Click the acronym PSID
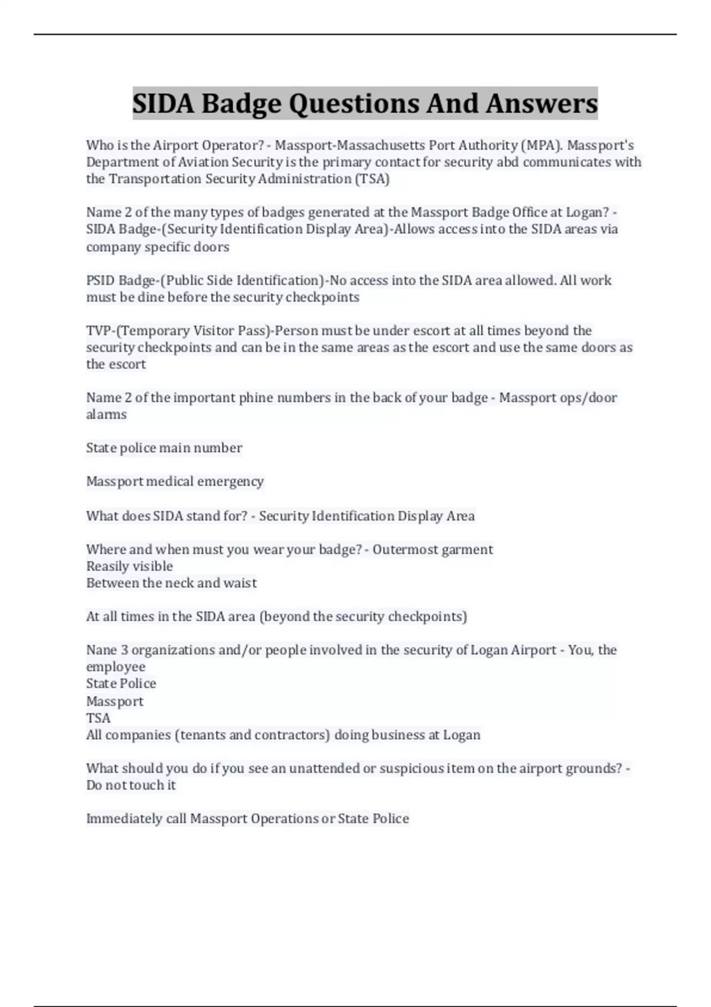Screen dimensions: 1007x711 click(101, 280)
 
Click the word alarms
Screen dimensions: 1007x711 click(107, 414)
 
